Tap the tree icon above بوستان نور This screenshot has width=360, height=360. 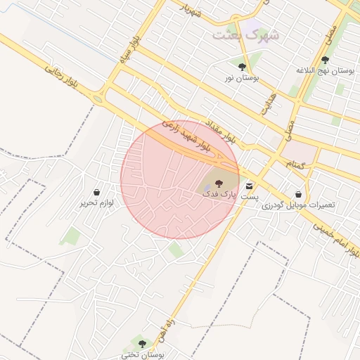(x=242, y=67)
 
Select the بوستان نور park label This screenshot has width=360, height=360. (x=240, y=78)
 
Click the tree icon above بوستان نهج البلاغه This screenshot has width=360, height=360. (x=324, y=60)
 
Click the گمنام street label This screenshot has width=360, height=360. (x=295, y=163)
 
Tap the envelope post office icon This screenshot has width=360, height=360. (x=250, y=186)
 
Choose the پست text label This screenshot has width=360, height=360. (x=250, y=198)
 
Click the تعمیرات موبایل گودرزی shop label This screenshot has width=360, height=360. (x=299, y=205)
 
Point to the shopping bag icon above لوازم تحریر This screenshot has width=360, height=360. (x=96, y=191)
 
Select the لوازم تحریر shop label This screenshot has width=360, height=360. (x=96, y=202)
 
